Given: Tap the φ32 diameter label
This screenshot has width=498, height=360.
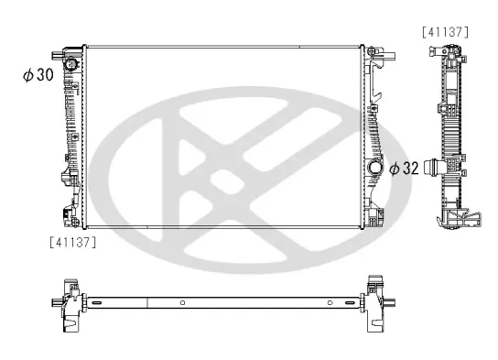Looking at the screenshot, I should point(404,169).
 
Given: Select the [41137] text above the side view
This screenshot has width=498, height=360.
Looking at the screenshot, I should point(446,31).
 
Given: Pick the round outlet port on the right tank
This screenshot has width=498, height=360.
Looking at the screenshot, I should point(373,169).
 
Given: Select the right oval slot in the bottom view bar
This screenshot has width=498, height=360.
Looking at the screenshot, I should point(350,300).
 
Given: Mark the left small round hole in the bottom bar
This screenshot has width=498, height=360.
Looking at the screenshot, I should point(183,302).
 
